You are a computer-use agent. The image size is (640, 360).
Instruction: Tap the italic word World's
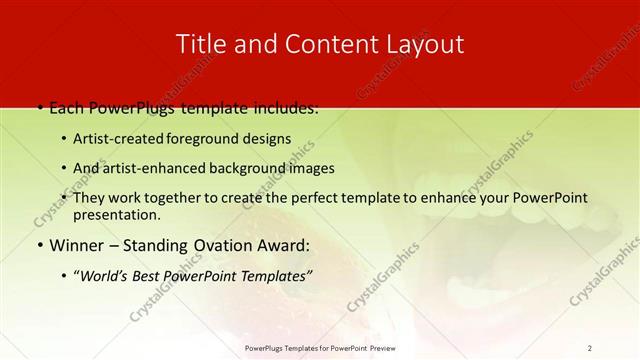pos(107,275)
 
